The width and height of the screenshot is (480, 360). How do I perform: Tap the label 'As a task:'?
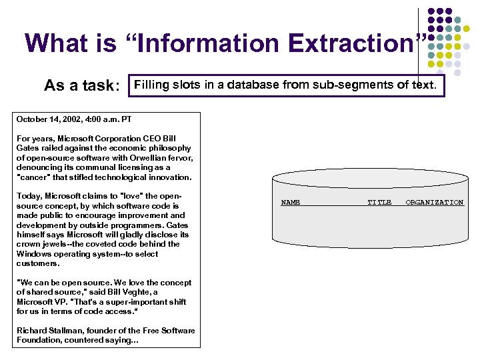point(82,86)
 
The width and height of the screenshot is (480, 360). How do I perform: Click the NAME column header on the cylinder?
point(291,202)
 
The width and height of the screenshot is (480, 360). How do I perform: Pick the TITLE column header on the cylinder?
point(380,202)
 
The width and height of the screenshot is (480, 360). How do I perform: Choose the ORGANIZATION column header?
point(435,202)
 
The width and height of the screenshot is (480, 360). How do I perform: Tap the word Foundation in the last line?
point(39,340)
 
